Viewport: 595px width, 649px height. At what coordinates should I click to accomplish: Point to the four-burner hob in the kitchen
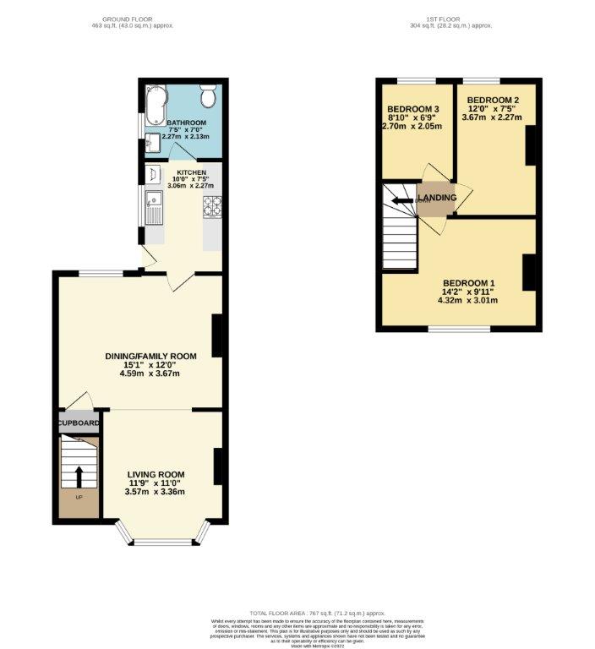coord(211,204)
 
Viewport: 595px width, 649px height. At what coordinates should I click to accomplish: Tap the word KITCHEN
coord(191,172)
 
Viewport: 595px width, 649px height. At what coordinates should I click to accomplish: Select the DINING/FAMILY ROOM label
coord(150,356)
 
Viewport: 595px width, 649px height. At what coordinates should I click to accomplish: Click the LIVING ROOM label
coord(156,474)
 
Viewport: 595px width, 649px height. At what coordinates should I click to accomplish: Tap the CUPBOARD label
coord(79,423)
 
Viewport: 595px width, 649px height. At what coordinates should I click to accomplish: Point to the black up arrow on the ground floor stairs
coord(79,477)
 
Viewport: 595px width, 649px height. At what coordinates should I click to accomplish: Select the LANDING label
coord(437,198)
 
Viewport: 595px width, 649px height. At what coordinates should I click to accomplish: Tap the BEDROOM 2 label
coord(493,100)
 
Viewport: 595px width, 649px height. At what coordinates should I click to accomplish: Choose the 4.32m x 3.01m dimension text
coord(468,301)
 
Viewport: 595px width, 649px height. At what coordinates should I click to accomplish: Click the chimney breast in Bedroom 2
coord(531,145)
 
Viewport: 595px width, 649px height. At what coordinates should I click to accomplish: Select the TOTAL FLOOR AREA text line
coord(317,613)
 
